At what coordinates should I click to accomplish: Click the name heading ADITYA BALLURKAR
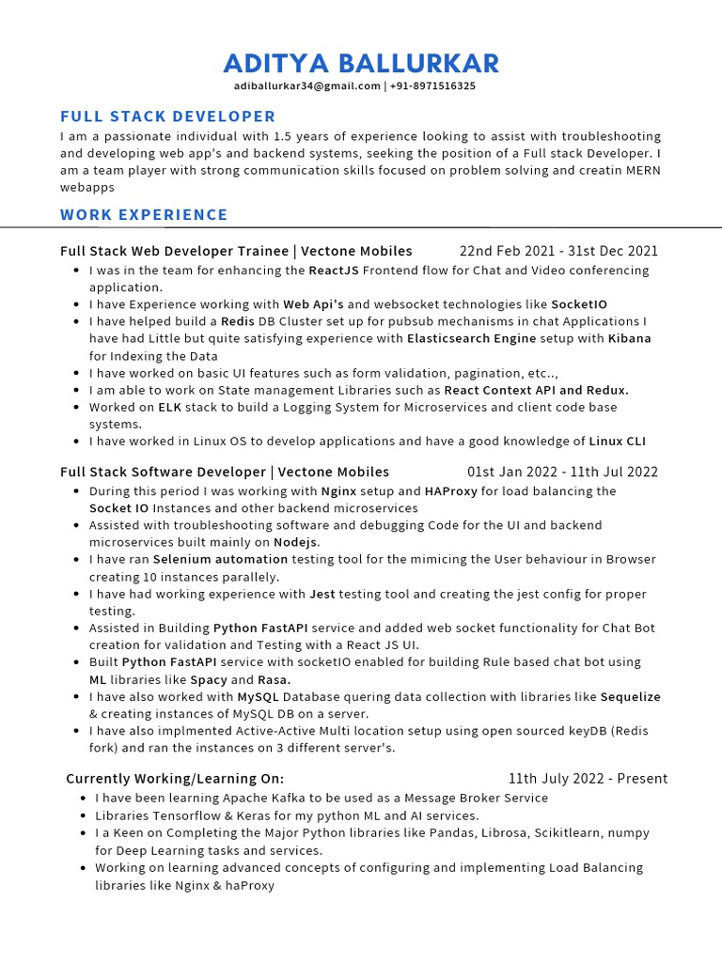(x=361, y=64)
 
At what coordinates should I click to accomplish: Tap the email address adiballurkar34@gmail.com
(x=306, y=86)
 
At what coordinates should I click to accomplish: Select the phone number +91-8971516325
(x=432, y=86)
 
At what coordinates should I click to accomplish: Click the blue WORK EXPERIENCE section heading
(x=144, y=214)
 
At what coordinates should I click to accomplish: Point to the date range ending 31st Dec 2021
(x=558, y=251)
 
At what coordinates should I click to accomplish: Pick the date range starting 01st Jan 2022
(x=562, y=472)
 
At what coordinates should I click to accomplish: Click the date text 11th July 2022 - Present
(x=588, y=778)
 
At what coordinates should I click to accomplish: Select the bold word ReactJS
(x=334, y=271)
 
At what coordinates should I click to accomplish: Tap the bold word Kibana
(x=629, y=338)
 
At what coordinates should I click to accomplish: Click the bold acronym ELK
(x=170, y=407)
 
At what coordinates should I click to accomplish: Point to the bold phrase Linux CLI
(x=617, y=442)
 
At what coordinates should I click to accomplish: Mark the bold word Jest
(x=322, y=594)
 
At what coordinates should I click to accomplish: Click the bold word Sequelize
(x=630, y=696)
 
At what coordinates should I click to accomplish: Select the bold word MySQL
(x=257, y=696)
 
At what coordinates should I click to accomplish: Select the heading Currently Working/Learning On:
(x=175, y=778)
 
